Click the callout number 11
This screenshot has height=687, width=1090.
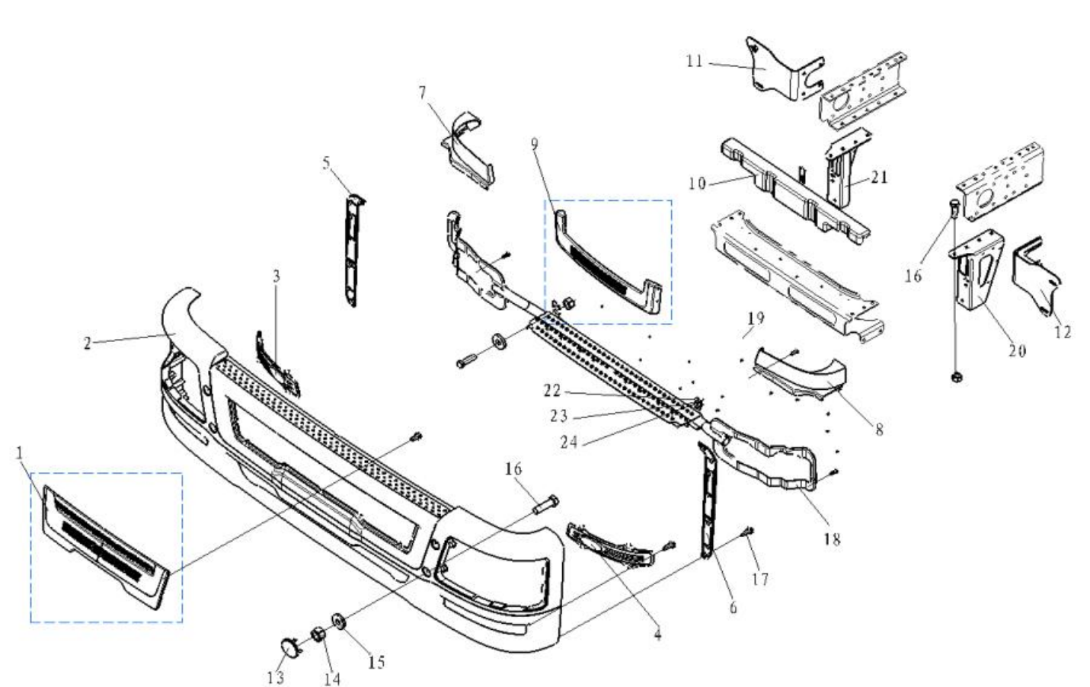coord(694,61)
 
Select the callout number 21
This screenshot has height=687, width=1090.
coord(879,177)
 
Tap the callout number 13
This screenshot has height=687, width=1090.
coord(275,676)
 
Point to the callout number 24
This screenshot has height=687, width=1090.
coord(568,442)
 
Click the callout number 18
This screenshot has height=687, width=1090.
coord(831,539)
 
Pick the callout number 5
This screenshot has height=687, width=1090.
coord(326,163)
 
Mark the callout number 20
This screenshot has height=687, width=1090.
coord(1017,350)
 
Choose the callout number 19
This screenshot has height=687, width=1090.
coord(755,318)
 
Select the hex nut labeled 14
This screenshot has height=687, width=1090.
coord(318,634)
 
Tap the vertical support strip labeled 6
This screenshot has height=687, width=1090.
coord(709,503)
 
